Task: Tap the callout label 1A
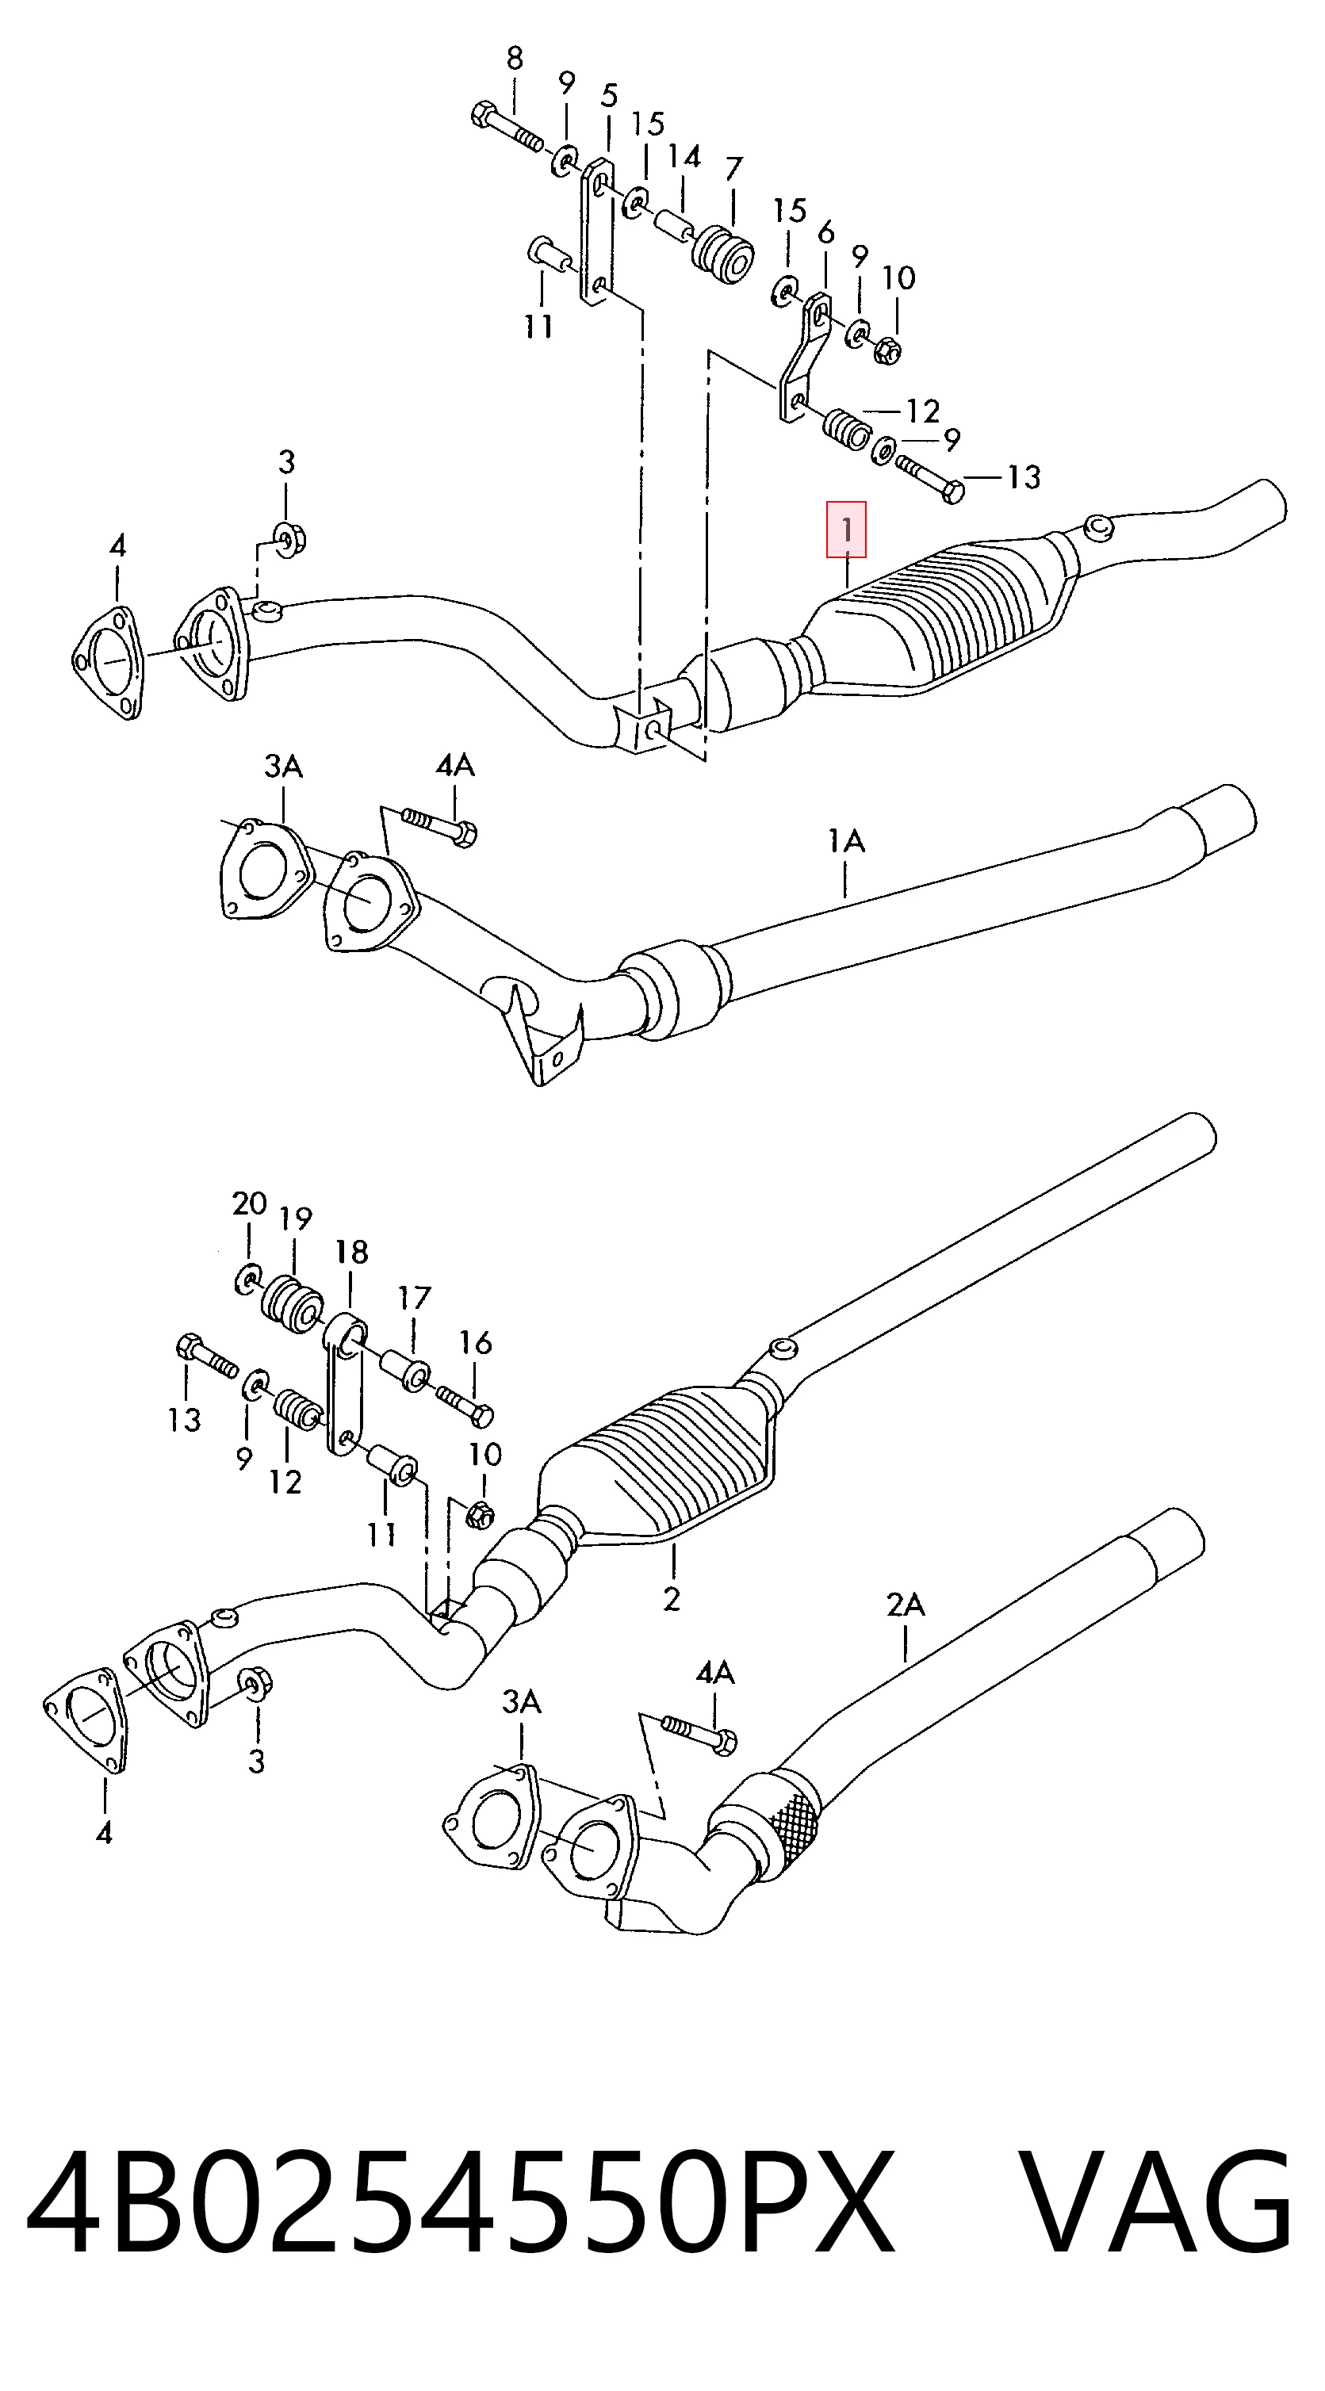[x=846, y=842]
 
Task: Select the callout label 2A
[x=905, y=1604]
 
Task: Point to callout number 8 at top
[x=514, y=59]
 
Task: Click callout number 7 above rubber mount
[x=733, y=169]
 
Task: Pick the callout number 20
[x=249, y=1204]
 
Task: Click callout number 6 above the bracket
[x=825, y=232]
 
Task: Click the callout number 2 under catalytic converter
[x=672, y=1598]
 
